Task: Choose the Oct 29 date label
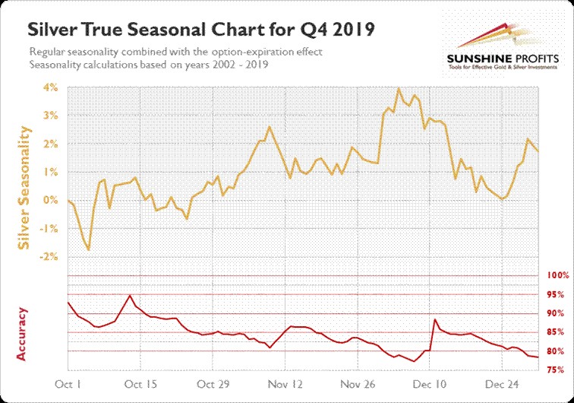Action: point(213,384)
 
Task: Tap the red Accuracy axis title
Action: point(23,333)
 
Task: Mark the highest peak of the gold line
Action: point(399,88)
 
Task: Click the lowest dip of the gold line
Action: point(88,249)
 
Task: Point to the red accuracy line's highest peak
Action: point(130,295)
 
